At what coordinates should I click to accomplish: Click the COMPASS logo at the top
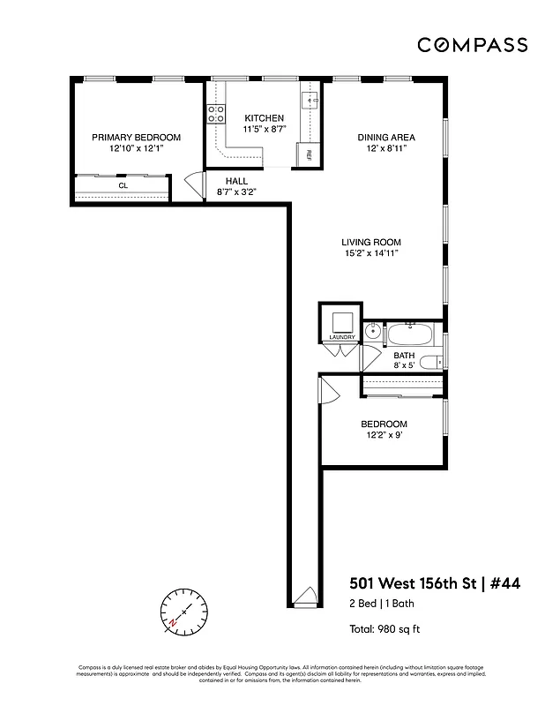click(473, 45)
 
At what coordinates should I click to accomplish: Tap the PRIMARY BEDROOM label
click(137, 138)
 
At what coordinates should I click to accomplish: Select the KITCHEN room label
click(264, 117)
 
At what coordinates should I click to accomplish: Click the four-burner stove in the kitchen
click(215, 113)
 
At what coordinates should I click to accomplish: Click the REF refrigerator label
click(309, 154)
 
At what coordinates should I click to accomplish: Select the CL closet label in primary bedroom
click(123, 186)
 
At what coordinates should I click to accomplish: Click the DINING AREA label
click(385, 138)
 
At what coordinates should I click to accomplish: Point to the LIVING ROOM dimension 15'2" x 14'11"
click(373, 253)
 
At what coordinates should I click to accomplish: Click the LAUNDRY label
click(341, 337)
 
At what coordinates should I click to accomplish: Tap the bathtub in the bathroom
click(409, 334)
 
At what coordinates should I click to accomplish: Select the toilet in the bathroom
click(431, 362)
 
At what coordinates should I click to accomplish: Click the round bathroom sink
click(372, 334)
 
